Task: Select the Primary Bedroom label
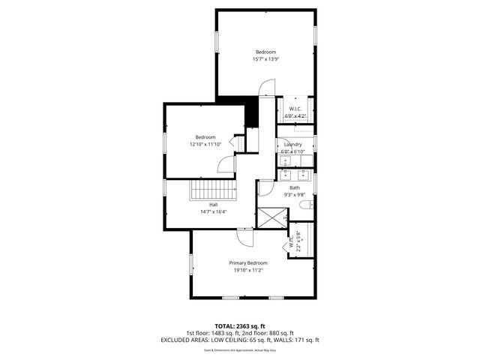click(248, 262)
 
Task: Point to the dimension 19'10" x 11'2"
click(248, 271)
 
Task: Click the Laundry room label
click(292, 144)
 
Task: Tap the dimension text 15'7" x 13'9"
click(265, 59)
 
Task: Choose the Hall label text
click(214, 204)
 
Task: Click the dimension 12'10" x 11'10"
click(205, 145)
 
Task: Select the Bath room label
click(295, 187)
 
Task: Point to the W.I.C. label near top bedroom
click(295, 109)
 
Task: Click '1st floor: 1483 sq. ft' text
click(212, 333)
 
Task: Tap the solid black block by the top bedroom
click(251, 112)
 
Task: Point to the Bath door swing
click(265, 188)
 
